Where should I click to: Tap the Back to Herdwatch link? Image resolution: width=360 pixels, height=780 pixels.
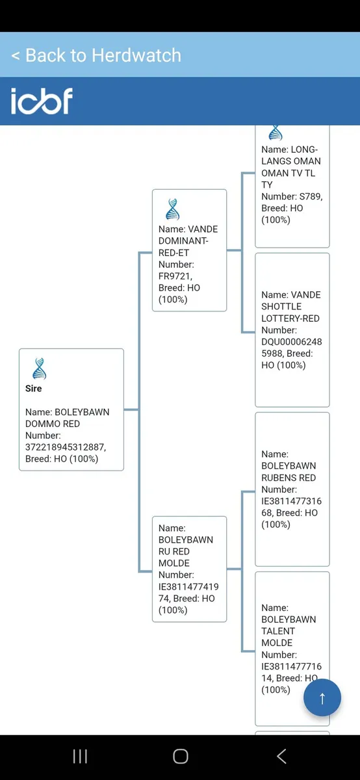[96, 55]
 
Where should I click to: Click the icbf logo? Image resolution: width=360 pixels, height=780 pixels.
[42, 101]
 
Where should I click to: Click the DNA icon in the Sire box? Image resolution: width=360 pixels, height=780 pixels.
[40, 369]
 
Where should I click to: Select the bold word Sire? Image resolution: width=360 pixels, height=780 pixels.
[33, 388]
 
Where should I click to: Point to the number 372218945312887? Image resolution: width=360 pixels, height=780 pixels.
[65, 447]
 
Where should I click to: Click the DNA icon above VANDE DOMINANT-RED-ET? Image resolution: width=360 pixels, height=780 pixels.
[173, 209]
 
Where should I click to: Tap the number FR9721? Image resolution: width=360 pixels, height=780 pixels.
[174, 276]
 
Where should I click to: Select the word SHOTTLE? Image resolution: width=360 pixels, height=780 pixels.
[281, 306]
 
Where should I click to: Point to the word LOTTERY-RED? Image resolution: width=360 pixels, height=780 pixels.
[290, 318]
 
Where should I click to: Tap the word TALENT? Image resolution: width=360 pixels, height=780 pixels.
[278, 631]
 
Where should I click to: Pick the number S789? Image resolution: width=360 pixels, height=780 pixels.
[310, 196]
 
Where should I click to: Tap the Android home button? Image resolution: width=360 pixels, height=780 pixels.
[181, 757]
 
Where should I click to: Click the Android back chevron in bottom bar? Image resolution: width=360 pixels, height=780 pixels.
[281, 757]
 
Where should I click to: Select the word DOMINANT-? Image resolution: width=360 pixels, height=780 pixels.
[183, 240]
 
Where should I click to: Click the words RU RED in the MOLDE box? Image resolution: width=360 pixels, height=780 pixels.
[174, 551]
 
